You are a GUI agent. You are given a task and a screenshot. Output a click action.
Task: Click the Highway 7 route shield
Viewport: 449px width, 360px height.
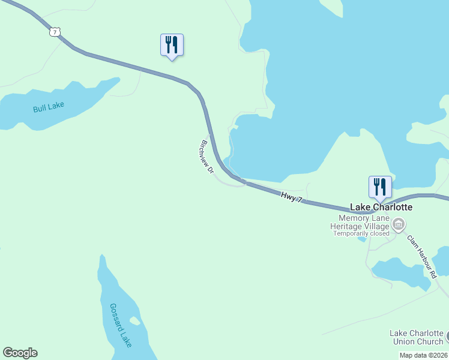55,32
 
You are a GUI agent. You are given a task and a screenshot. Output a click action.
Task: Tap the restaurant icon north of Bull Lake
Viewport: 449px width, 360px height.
172,45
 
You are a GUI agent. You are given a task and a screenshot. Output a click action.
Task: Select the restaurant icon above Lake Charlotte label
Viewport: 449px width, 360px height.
380,187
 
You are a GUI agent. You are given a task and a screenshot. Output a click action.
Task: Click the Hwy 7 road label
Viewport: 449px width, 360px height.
291,196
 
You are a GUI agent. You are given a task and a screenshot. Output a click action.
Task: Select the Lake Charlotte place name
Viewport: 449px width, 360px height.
381,207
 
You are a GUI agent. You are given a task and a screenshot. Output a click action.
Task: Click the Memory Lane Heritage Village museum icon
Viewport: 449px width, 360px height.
397,225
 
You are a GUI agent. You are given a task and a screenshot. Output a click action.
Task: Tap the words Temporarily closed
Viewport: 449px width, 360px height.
361,233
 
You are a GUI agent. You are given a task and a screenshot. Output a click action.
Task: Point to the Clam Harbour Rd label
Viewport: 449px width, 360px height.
421,256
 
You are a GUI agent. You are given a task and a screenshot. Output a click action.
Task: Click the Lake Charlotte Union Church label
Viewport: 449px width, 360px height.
416,337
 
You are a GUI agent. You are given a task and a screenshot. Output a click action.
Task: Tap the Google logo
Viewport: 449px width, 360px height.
20,353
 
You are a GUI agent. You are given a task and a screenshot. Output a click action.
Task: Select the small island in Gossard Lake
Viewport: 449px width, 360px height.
135,321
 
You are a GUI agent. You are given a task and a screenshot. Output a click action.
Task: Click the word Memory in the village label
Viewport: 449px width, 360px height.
352,218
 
